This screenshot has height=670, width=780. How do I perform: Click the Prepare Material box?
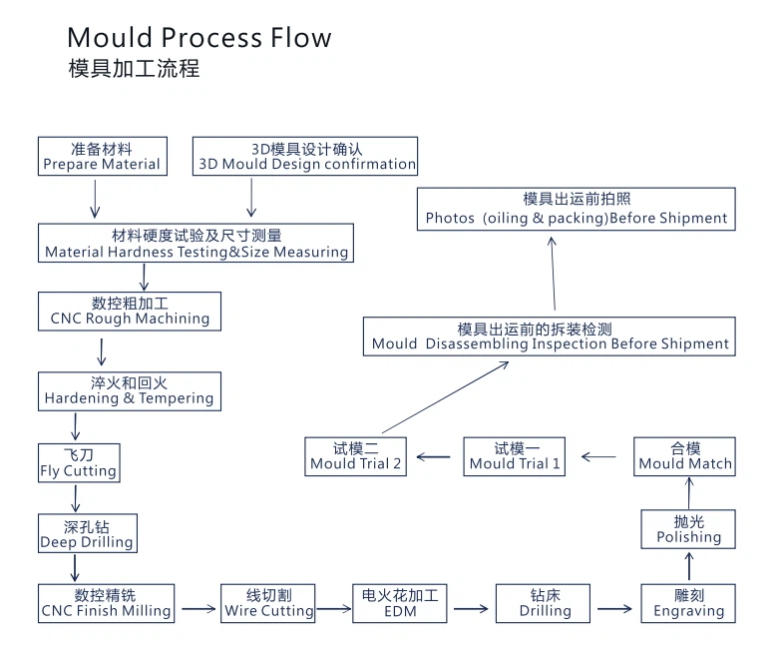click(x=101, y=157)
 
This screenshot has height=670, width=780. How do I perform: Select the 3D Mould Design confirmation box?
click(x=305, y=157)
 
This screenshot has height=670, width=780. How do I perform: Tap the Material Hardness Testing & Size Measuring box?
click(x=196, y=244)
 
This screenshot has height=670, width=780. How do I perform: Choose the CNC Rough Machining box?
click(x=130, y=311)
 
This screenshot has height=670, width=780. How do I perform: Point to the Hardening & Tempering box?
click(x=129, y=390)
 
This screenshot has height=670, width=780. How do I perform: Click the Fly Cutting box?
click(x=78, y=463)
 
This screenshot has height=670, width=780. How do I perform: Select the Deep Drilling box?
click(x=87, y=534)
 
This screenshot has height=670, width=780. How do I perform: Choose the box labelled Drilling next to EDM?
click(x=544, y=603)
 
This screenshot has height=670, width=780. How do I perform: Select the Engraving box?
click(x=688, y=603)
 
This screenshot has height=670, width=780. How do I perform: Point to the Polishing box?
click(x=688, y=529)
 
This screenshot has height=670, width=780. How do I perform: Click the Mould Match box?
click(x=685, y=456)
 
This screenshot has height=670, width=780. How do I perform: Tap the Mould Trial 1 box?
click(x=515, y=456)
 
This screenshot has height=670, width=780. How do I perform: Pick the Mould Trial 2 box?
click(x=356, y=456)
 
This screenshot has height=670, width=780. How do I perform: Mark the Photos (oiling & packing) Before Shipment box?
click(x=577, y=210)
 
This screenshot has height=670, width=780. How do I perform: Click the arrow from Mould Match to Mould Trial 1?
click(x=599, y=457)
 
